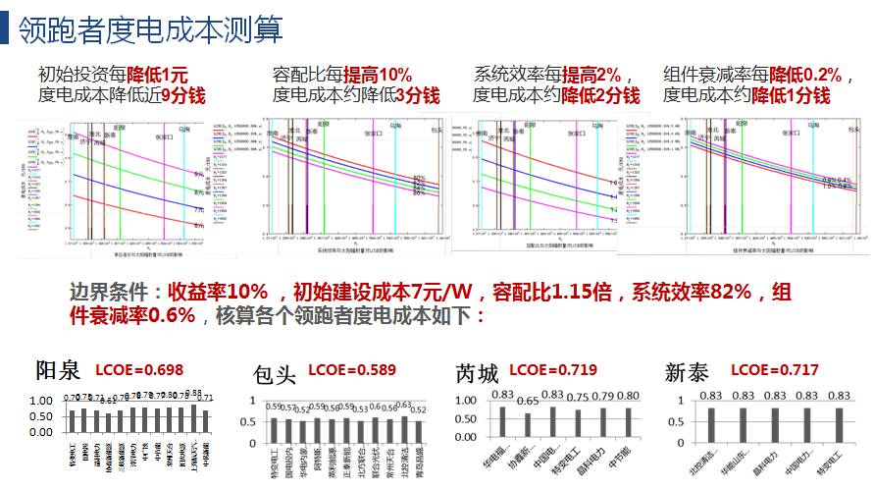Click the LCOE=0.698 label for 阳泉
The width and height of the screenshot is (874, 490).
[137, 370]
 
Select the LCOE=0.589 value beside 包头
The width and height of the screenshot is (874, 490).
[351, 370]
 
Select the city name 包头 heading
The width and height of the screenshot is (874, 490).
[274, 374]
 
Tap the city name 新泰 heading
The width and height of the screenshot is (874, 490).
[688, 373]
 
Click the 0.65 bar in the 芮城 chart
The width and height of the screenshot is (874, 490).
[528, 423]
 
